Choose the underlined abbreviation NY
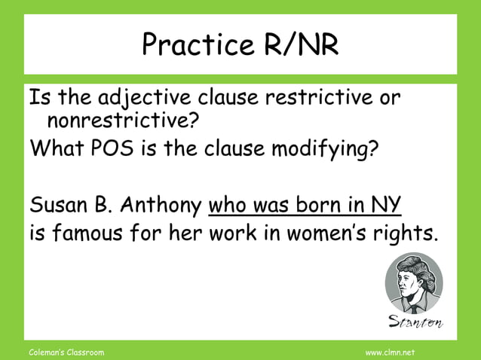pos(387,204)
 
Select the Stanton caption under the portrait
pos(415,322)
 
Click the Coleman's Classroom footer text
pos(66,352)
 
